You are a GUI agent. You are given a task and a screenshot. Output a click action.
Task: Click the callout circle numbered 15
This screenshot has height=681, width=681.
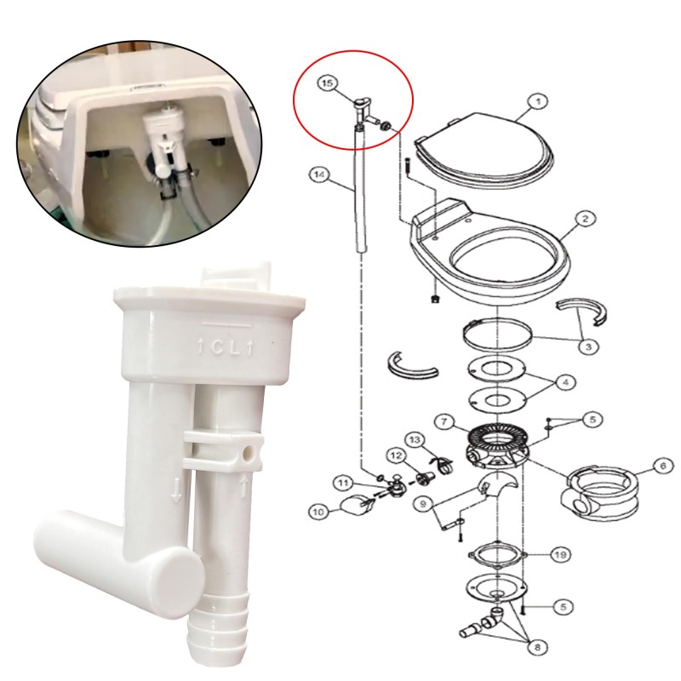tap(328, 83)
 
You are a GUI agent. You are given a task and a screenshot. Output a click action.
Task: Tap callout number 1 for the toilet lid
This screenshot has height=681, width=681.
tap(538, 102)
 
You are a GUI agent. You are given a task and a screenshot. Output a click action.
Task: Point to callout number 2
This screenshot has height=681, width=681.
tap(585, 219)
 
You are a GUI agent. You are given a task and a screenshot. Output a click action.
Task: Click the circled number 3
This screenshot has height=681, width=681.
tap(588, 346)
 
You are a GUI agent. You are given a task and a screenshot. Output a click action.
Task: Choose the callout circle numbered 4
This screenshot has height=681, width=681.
tap(565, 382)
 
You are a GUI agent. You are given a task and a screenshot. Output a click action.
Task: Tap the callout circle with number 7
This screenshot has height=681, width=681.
tap(444, 421)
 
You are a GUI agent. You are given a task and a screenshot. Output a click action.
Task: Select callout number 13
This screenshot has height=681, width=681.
tap(415, 440)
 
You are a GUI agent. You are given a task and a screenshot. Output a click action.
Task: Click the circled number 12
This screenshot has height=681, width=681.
tap(397, 455)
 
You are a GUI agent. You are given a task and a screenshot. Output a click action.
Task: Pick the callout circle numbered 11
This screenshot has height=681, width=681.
tap(344, 483)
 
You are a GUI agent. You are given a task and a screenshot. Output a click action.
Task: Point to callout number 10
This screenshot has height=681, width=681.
tap(318, 512)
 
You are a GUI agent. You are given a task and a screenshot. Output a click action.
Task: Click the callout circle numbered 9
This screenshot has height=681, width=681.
tap(424, 504)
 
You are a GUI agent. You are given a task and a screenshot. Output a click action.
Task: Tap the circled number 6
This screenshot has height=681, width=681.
tap(663, 466)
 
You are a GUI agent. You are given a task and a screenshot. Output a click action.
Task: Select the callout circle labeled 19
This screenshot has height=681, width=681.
tap(560, 555)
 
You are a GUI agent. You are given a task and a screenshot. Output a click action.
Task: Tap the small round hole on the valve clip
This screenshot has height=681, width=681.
tap(249, 455)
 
